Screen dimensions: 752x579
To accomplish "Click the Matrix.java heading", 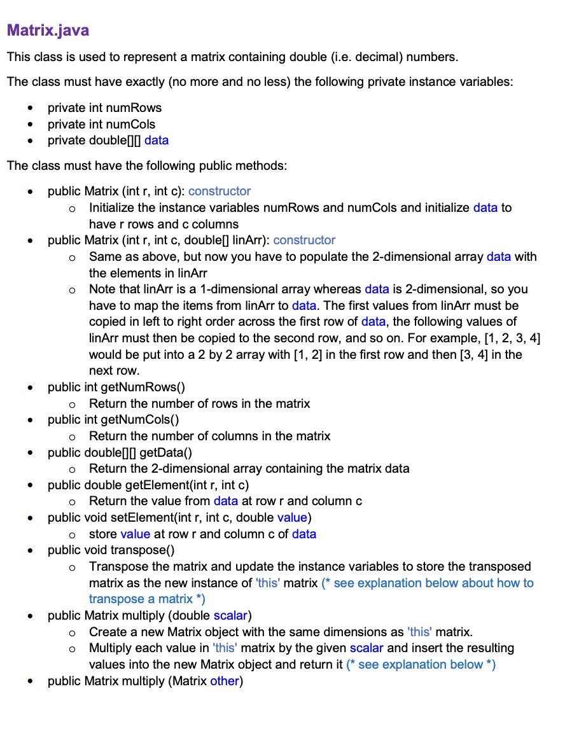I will coord(48,30).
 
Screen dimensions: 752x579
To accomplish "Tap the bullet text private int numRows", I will coord(104,108).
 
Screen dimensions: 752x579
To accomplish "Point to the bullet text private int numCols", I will coord(101,124).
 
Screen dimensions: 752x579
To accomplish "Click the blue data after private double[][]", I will coord(157,140).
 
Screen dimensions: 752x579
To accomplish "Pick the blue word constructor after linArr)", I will coord(304,240).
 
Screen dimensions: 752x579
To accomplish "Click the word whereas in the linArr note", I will coord(340,289).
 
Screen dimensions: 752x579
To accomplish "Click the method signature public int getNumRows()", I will coord(116,387).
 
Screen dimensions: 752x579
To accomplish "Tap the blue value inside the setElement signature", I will coord(292,517).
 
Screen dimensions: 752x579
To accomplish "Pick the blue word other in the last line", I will coord(224,681).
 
